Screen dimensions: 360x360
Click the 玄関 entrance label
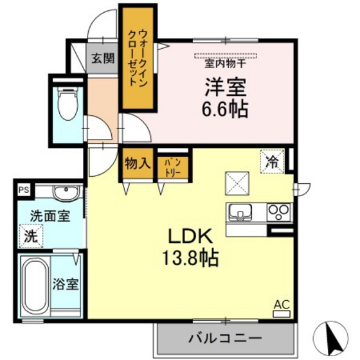click(x=102, y=58)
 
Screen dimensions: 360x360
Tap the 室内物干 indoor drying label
click(x=226, y=64)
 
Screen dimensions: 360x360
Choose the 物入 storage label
click(x=137, y=164)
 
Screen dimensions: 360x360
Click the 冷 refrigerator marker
click(x=272, y=162)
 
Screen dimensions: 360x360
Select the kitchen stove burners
click(x=278, y=211)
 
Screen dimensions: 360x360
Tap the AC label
click(x=282, y=305)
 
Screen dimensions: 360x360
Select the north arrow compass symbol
click(x=333, y=335)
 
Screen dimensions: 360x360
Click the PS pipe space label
click(x=24, y=190)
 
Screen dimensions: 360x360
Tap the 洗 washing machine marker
click(x=31, y=235)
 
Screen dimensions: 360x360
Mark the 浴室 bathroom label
click(x=66, y=283)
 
